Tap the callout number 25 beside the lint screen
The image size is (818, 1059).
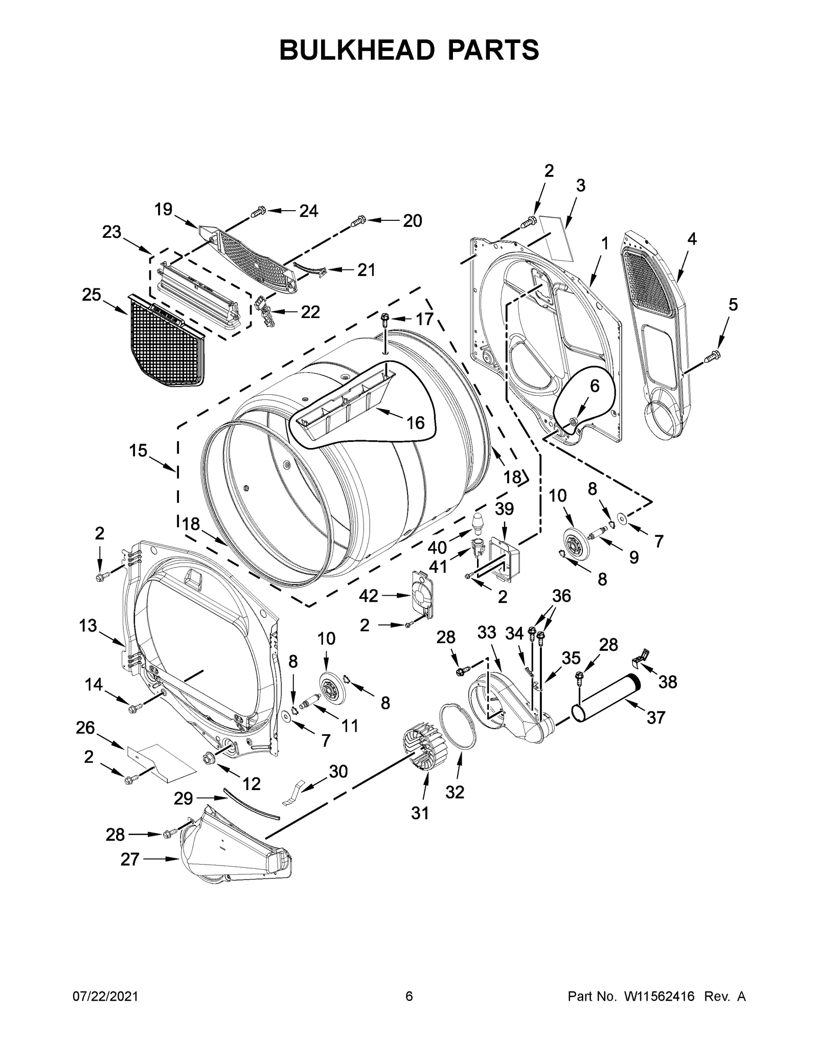pyautogui.click(x=92, y=295)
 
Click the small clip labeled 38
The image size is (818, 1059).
pyautogui.click(x=640, y=658)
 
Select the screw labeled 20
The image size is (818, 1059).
pyautogui.click(x=358, y=220)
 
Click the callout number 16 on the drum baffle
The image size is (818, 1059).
pyautogui.click(x=415, y=422)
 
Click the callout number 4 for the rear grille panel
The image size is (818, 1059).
pyautogui.click(x=691, y=239)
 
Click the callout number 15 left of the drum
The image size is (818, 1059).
pyautogui.click(x=138, y=450)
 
